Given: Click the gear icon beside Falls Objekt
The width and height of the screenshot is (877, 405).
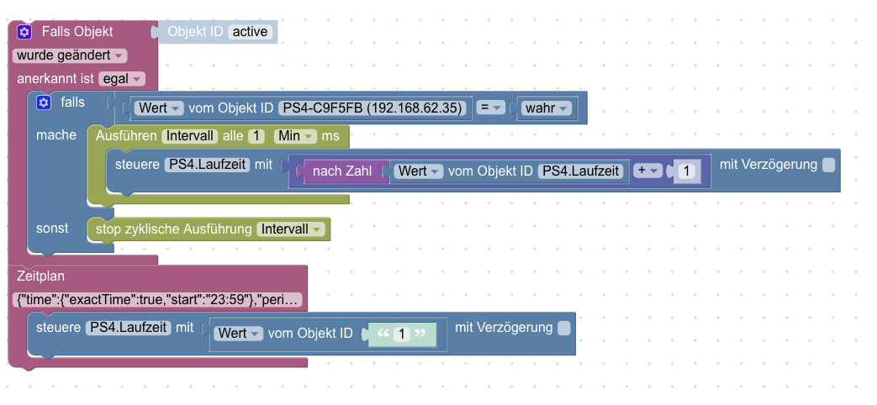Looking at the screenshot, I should tap(24, 32).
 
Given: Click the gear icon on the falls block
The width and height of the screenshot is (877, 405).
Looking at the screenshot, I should tap(44, 102).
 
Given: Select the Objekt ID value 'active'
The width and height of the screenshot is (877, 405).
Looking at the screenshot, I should tap(250, 32).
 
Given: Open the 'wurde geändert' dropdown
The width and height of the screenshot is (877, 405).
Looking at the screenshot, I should tap(70, 55).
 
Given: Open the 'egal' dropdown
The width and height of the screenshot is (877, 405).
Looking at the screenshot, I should tap(122, 79).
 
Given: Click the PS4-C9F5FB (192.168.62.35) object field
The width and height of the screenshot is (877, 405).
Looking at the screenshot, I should tap(372, 108).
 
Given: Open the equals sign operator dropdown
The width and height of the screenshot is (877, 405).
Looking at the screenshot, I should tap(489, 108).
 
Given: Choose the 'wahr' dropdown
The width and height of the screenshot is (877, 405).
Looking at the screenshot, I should tap(546, 108).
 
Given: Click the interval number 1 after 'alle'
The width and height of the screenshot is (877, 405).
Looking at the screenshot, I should tap(257, 135).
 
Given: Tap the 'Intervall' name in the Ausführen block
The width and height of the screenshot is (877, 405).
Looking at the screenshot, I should tap(191, 135).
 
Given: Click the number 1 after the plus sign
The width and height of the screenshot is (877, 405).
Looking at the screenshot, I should tap(686, 171).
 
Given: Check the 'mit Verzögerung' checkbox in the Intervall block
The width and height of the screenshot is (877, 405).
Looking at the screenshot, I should tap(828, 165).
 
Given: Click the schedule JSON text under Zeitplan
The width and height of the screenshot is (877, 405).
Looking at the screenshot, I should tap(158, 300).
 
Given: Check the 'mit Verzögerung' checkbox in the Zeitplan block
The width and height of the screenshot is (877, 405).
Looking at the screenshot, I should tap(564, 327).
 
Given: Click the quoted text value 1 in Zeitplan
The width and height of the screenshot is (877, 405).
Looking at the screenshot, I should tap(402, 334).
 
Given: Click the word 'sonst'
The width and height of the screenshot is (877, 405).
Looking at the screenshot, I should tap(52, 229).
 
